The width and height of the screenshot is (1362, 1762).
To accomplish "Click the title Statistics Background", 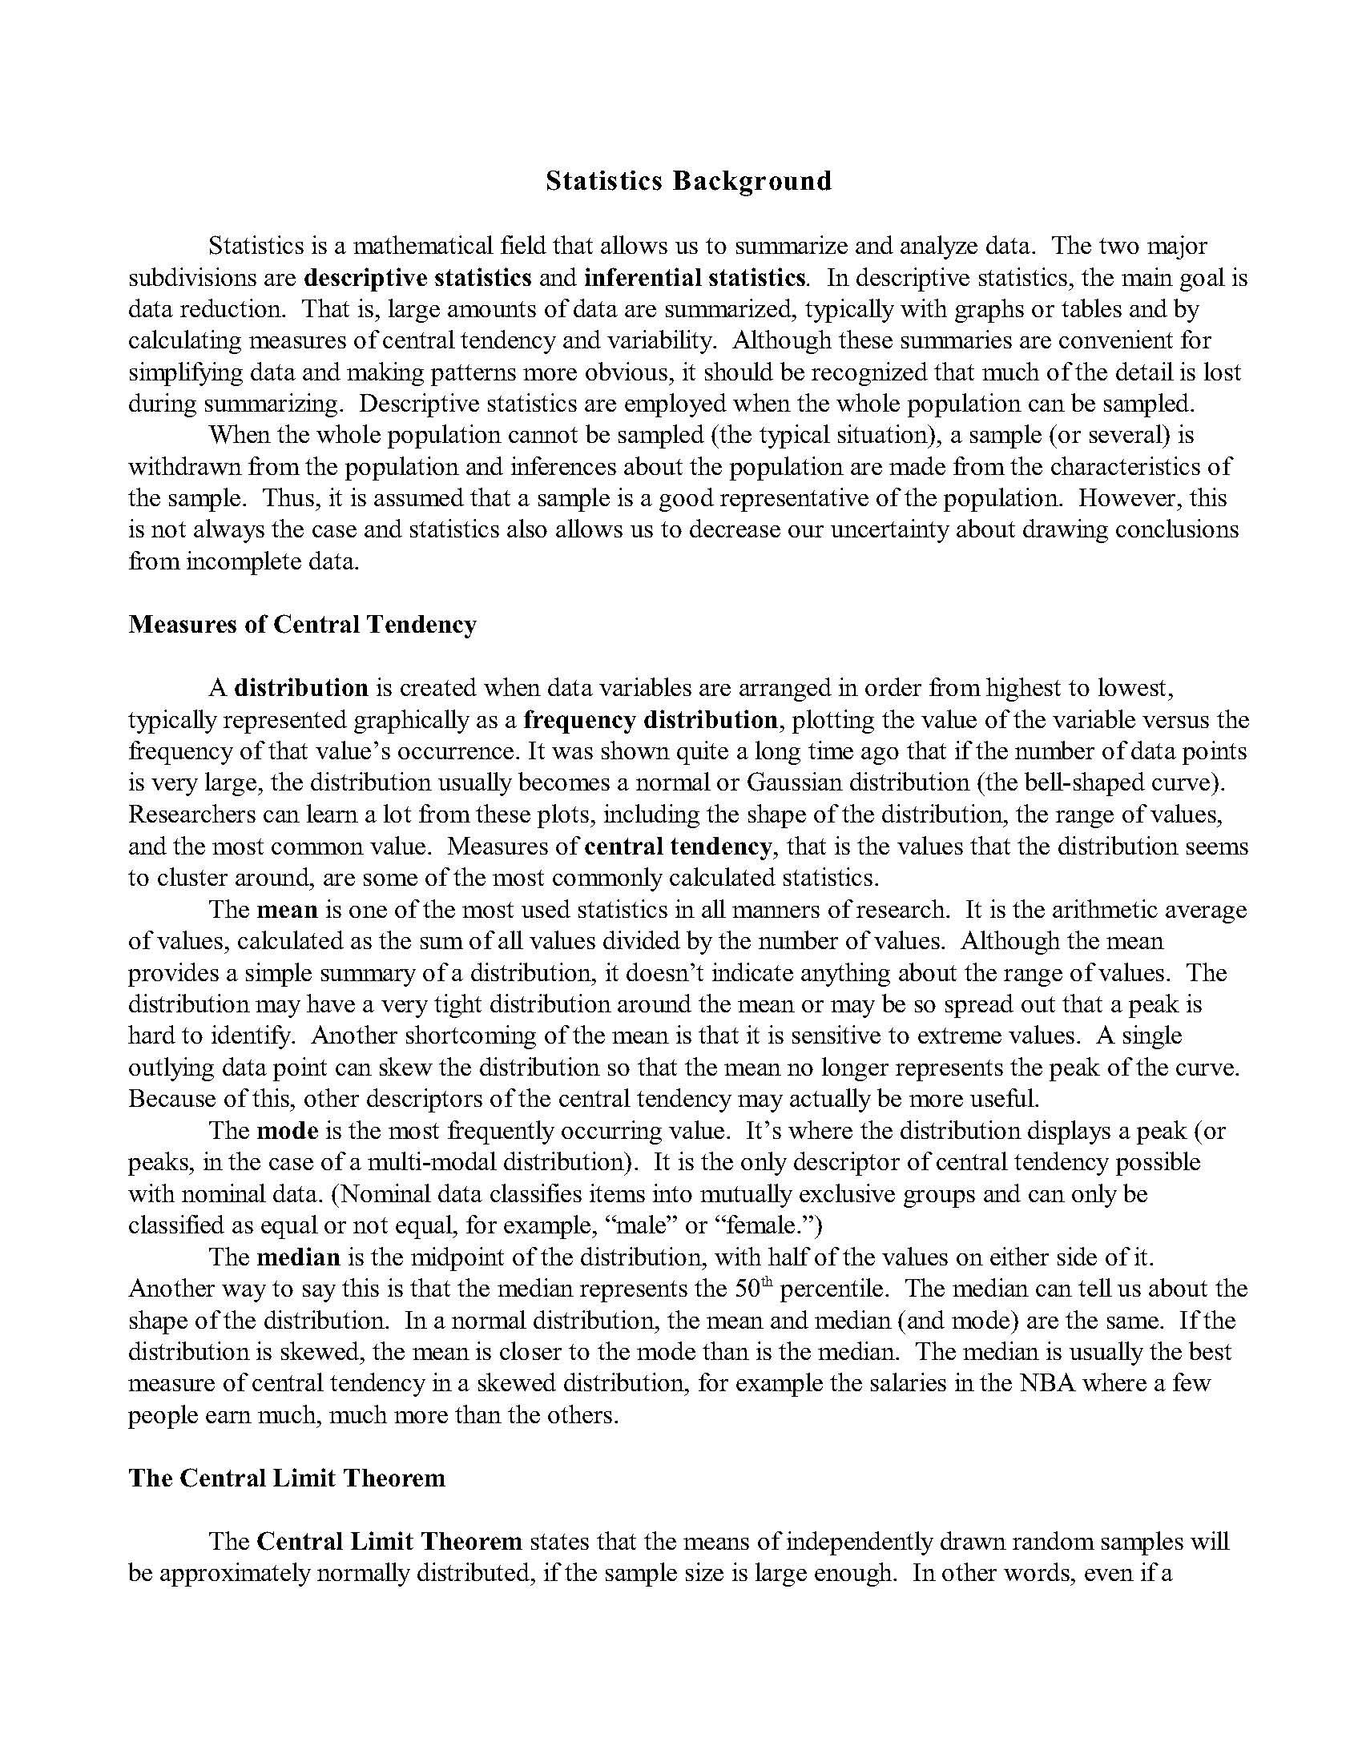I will pyautogui.click(x=688, y=180).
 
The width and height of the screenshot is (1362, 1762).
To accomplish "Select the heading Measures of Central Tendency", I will pyautogui.click(x=303, y=625).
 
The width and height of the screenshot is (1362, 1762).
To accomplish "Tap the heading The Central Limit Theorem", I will pyautogui.click(x=287, y=1478).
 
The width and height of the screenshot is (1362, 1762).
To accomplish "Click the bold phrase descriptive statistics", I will pyautogui.click(x=418, y=278).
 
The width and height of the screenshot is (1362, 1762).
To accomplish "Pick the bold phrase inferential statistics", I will pyautogui.click(x=695, y=278).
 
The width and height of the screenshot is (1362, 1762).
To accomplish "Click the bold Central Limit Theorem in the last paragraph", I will pyautogui.click(x=389, y=1542).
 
